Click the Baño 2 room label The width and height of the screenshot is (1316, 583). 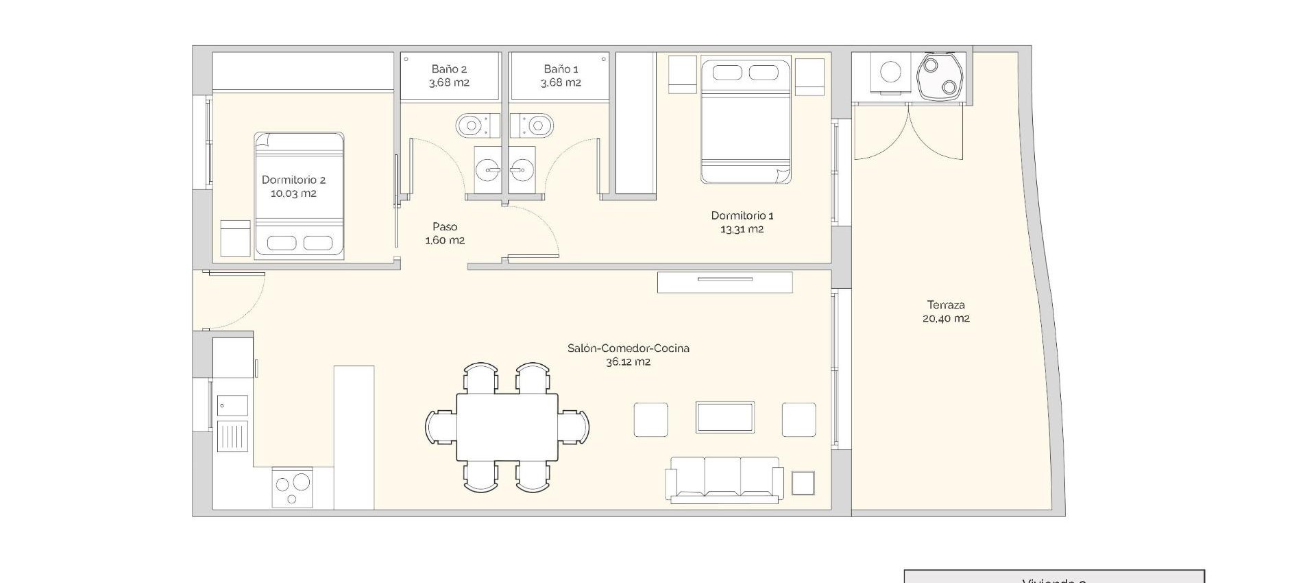449,69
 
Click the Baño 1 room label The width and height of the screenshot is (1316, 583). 561,69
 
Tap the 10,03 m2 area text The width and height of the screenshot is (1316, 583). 293,193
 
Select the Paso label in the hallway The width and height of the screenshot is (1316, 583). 445,226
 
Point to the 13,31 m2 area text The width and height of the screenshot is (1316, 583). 742,229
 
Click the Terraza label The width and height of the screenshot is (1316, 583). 946,305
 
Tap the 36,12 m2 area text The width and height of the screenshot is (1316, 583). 628,361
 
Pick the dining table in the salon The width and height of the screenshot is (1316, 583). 507,427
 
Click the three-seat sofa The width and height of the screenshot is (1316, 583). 724,479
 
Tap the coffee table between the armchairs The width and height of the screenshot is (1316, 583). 724,418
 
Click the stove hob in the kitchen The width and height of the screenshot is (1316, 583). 293,488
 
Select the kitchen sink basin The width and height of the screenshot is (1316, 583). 232,405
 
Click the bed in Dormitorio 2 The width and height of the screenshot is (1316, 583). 299,195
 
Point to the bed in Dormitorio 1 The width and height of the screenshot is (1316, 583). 746,121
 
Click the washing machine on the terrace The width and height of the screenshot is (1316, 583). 891,73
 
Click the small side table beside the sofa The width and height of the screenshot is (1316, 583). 803,483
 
